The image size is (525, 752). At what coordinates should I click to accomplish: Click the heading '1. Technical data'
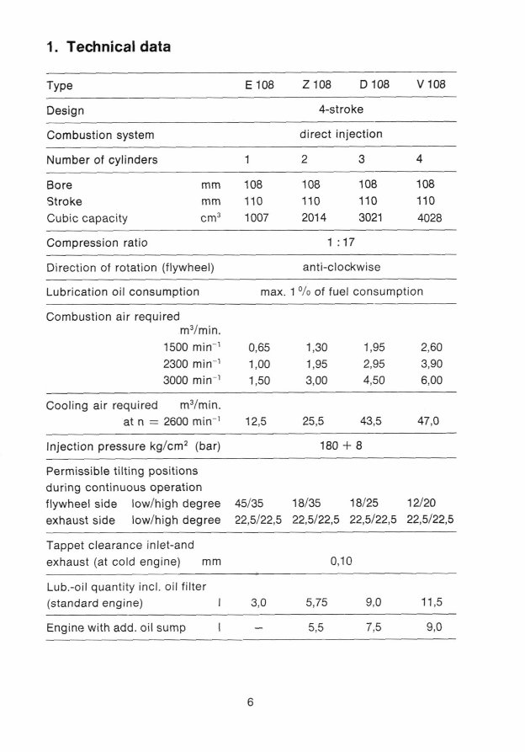pyautogui.click(x=108, y=47)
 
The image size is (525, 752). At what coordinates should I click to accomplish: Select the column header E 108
pyautogui.click(x=260, y=86)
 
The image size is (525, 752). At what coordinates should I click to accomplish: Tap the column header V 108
pyautogui.click(x=431, y=86)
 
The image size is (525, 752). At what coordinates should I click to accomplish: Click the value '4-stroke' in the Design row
pyautogui.click(x=341, y=109)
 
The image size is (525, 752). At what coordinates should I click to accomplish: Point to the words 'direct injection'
pyautogui.click(x=341, y=134)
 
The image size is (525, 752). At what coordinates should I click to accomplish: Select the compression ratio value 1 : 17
pyautogui.click(x=341, y=243)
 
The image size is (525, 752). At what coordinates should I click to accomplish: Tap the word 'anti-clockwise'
pyautogui.click(x=341, y=268)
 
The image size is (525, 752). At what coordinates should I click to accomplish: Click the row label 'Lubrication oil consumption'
pyautogui.click(x=123, y=292)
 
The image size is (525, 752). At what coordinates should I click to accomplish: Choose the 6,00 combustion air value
pyautogui.click(x=431, y=381)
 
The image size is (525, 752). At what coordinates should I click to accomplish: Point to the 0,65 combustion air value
pyautogui.click(x=259, y=346)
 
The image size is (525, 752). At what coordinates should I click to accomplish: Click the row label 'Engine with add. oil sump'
pyautogui.click(x=117, y=627)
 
